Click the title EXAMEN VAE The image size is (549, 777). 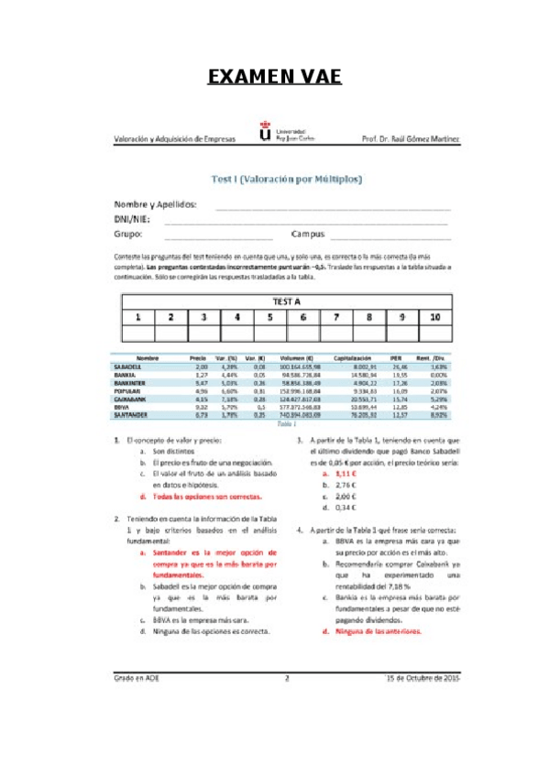click(x=274, y=77)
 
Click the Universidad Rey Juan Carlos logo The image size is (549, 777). click(x=266, y=134)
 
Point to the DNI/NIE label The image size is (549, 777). click(x=134, y=220)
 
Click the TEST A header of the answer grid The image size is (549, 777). click(x=286, y=301)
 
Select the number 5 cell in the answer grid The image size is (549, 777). click(x=269, y=317)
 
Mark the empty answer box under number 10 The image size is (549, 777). click(x=434, y=334)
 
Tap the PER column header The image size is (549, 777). click(x=396, y=357)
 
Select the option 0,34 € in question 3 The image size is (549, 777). click(x=346, y=507)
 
